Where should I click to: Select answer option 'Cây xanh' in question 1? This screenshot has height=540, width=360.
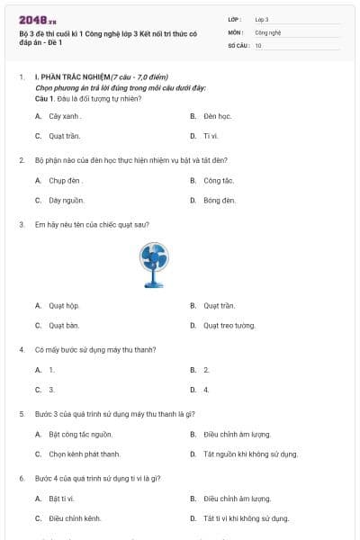coord(65,116)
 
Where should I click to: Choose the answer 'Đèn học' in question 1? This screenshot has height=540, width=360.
coord(217,116)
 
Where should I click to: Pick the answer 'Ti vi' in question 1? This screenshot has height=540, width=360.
coord(211,136)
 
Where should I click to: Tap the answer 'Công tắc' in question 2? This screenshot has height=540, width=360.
coord(219,180)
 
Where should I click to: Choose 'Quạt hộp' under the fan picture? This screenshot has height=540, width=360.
coord(64,305)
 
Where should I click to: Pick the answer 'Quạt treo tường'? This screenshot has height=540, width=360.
coord(229,325)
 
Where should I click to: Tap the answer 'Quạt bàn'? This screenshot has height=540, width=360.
coord(64,325)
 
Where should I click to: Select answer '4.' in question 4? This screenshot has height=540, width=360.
coord(206,390)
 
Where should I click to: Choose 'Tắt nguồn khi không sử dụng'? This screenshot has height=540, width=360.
coord(250,454)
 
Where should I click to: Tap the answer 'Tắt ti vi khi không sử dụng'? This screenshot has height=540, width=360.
coord(246,518)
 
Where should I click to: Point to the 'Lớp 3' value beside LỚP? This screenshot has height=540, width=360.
coord(262,18)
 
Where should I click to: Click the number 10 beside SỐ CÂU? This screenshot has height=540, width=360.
coord(258,44)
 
